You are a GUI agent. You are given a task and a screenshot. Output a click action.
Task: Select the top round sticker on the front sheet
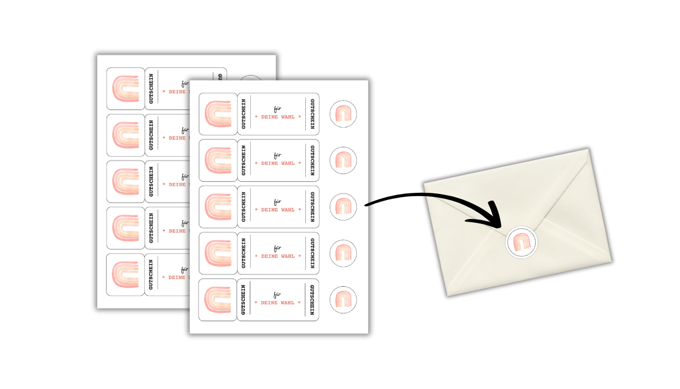point(343,114)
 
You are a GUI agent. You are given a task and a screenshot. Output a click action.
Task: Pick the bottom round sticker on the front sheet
point(343,300)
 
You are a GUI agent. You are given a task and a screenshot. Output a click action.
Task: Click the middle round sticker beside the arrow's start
point(343,207)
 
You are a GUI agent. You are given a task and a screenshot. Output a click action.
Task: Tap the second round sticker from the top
point(343,161)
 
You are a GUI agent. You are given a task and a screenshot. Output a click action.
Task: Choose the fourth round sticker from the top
point(343,253)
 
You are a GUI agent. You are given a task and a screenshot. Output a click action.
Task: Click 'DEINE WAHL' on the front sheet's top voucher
point(278,117)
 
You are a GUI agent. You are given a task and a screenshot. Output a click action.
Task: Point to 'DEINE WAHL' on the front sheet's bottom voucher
point(278,303)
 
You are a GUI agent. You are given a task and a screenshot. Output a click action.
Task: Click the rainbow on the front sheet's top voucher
point(218,114)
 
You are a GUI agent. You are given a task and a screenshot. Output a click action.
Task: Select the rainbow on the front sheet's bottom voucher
point(218,300)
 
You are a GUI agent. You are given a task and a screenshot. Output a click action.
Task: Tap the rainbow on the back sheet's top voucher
point(125,88)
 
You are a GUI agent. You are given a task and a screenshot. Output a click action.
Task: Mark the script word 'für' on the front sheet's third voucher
point(278,201)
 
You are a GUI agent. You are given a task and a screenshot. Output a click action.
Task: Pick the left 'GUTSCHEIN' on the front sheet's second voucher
point(244,161)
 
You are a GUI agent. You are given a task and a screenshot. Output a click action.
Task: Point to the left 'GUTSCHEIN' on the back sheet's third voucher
point(151,182)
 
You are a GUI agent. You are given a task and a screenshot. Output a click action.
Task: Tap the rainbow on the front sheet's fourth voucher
point(218,253)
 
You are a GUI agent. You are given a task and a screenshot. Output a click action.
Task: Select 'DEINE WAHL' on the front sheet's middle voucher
point(278,210)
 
